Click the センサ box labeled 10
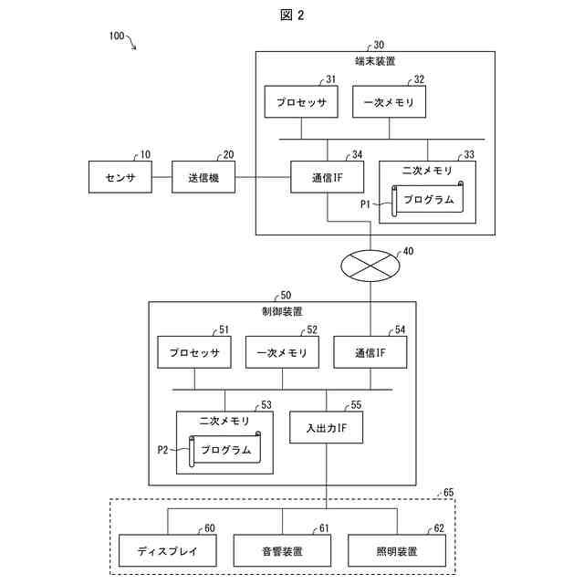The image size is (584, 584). [x=120, y=177]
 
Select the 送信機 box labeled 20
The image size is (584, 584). [x=203, y=177]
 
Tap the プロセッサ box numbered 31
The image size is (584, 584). [x=301, y=101]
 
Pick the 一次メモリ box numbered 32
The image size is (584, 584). [x=390, y=101]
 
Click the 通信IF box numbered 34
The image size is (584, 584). [x=327, y=177]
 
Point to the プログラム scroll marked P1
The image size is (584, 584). [x=428, y=199]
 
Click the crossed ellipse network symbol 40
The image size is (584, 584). [x=370, y=266]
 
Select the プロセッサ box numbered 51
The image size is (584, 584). [x=194, y=352]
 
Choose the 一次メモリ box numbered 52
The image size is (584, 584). [x=282, y=352]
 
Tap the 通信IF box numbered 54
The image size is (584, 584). [x=370, y=352]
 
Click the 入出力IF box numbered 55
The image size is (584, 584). [x=327, y=428]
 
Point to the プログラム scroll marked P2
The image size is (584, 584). [x=225, y=449]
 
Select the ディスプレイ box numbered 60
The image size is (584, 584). [x=168, y=550]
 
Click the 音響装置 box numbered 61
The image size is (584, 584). [x=282, y=550]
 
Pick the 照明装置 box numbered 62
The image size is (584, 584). [x=397, y=550]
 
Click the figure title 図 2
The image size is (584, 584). [x=292, y=16]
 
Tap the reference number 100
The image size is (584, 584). [x=117, y=36]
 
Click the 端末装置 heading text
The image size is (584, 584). [x=375, y=61]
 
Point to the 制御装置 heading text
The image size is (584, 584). [x=282, y=311]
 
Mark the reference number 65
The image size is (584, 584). [x=449, y=493]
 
